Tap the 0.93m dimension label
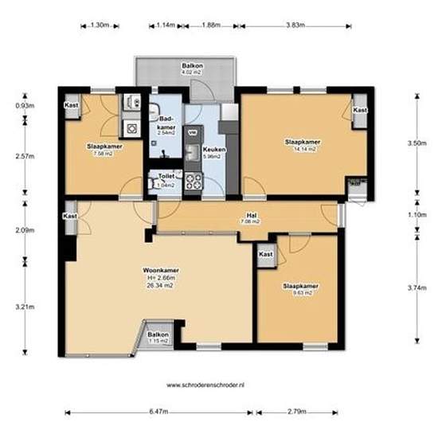pos(25,104)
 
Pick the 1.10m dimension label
pos(416,215)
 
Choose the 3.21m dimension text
pos(25,305)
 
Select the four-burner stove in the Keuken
pos(194,181)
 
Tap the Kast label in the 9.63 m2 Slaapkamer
pos(266,253)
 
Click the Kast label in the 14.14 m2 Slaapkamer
pos(360,110)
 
